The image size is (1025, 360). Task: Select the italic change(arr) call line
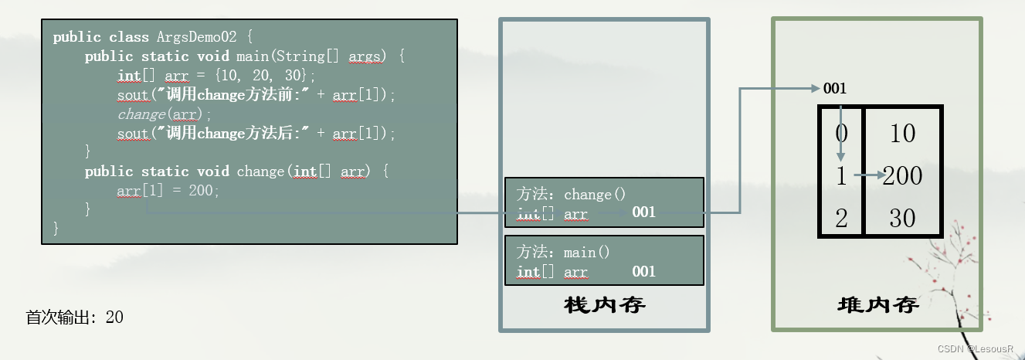point(165,114)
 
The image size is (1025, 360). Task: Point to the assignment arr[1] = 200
point(168,191)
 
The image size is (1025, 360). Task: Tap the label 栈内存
point(605,305)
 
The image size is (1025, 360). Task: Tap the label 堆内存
point(877,305)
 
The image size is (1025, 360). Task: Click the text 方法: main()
point(563,253)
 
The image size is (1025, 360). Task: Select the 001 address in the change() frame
point(643,212)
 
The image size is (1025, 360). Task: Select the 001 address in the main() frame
point(643,271)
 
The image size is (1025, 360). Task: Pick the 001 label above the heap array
point(835,89)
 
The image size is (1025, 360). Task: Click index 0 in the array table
point(841,133)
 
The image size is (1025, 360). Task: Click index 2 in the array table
point(841,219)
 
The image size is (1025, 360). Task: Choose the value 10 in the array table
point(901,134)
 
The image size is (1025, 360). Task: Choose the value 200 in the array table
point(903,176)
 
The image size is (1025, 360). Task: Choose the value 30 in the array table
point(901,219)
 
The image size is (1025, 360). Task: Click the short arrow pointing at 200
point(869,176)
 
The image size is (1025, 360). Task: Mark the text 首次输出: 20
point(75,318)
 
